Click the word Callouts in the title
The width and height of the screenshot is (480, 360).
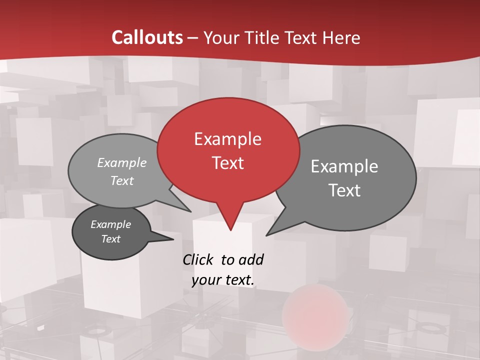[x=147, y=38]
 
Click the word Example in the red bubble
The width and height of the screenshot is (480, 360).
[x=227, y=139]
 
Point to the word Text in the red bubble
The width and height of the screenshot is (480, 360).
[x=227, y=163]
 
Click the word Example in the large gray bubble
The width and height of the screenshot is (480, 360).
[x=344, y=166]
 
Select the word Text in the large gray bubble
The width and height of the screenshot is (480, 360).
[x=344, y=190]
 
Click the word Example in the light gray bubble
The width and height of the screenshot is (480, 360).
[x=122, y=163]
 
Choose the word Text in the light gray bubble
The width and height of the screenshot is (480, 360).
[x=122, y=180]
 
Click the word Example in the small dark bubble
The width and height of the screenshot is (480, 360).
[x=110, y=224]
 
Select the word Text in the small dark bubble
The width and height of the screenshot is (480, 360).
[x=110, y=239]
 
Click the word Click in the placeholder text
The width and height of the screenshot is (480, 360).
[x=198, y=259]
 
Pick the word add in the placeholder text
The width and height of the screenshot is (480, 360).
[x=251, y=259]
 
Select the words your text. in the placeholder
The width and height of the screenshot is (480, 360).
[x=222, y=280]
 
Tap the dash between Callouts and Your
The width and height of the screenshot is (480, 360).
[x=193, y=38]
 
